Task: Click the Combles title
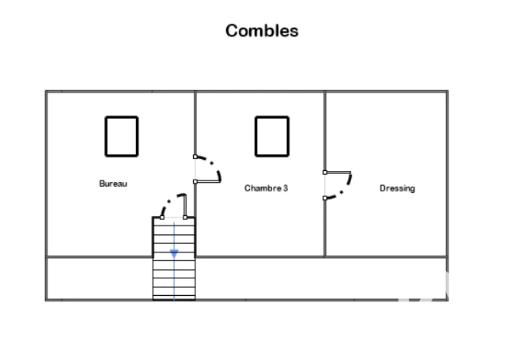tap(262, 31)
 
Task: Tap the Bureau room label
tap(113, 184)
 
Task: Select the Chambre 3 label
tap(266, 188)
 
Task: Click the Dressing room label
tap(397, 188)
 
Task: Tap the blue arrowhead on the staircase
tap(174, 254)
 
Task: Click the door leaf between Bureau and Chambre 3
tap(208, 181)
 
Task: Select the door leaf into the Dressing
tap(339, 172)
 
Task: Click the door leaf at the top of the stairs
tap(184, 206)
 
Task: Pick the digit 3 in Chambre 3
tap(286, 188)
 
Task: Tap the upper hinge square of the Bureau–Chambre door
tap(195, 157)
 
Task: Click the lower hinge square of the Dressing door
tap(325, 199)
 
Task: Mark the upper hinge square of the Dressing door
tap(325, 172)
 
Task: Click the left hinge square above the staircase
tap(162, 218)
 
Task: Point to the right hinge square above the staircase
tap(185, 218)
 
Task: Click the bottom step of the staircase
tap(174, 297)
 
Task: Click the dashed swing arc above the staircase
tap(168, 201)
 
